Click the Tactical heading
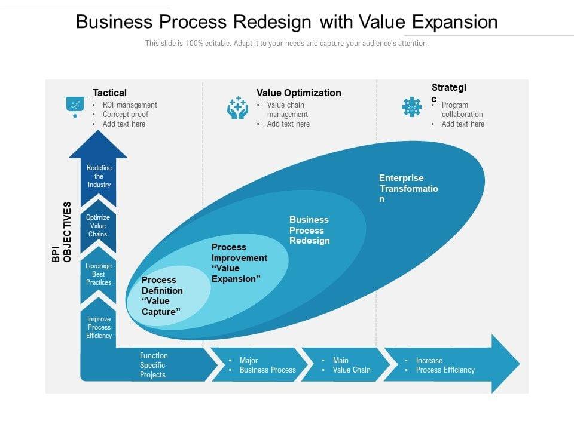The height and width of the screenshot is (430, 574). click(x=109, y=93)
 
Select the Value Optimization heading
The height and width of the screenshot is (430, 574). click(x=299, y=93)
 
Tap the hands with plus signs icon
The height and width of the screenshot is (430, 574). click(x=237, y=107)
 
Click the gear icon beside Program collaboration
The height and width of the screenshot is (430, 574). click(x=412, y=107)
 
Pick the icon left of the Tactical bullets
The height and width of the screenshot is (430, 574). click(x=75, y=107)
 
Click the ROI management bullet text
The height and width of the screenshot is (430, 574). click(x=130, y=105)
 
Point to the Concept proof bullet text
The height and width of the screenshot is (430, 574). click(x=126, y=115)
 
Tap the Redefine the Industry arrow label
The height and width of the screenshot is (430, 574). click(x=99, y=176)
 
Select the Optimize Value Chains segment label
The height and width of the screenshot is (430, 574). click(x=98, y=226)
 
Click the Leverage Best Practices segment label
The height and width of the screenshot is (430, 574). click(x=99, y=274)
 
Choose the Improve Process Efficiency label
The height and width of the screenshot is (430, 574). click(x=99, y=327)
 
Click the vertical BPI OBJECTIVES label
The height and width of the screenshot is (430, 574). click(x=62, y=232)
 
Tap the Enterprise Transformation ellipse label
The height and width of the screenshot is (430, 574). click(x=408, y=188)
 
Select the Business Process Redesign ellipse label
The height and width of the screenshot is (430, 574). click(x=309, y=230)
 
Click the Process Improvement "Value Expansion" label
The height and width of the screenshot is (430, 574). click(x=239, y=263)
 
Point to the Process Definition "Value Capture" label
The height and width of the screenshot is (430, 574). click(x=162, y=296)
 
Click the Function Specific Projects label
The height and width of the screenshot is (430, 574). click(x=154, y=365)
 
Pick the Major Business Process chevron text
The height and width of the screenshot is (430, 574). click(x=268, y=365)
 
